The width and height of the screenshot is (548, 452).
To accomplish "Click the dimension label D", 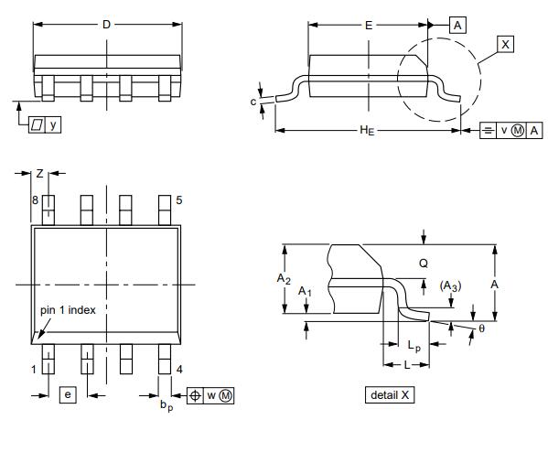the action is coord(106,25).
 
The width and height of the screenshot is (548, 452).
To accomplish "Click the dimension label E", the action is coord(369,26).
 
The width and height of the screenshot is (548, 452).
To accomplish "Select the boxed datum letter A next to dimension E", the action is coord(457,26).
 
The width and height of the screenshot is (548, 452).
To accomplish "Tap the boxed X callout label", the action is coord(505,45).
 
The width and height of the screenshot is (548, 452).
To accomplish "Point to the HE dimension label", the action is coord(367,131).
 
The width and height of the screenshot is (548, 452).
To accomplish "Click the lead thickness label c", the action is coord(253,102).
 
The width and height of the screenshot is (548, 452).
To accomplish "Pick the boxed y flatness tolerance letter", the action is coord(53,124).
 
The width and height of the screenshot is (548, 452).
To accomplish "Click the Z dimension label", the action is coord(40,174).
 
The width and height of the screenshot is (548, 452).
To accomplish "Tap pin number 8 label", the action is coord(35,200).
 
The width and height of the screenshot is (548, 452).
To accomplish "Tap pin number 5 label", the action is coord(179,200).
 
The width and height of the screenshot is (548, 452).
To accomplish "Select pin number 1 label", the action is coord(34,369).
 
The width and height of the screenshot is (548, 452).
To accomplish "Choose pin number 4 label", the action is coord(179,369).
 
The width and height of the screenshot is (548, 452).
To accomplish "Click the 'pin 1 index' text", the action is coord(68,310).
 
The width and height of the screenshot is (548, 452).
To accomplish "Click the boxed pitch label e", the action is coord(68,394).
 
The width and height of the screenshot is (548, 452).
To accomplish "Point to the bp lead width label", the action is coord(167,405).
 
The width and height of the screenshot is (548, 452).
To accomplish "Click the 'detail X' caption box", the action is coord(390,395).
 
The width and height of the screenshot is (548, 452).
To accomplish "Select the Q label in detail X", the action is coord(424,263).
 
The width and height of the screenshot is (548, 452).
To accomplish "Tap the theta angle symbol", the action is coord(481,328).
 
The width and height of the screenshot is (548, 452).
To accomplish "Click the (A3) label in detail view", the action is coord(450,286).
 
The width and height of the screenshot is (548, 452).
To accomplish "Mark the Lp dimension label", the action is coord(414,346).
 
